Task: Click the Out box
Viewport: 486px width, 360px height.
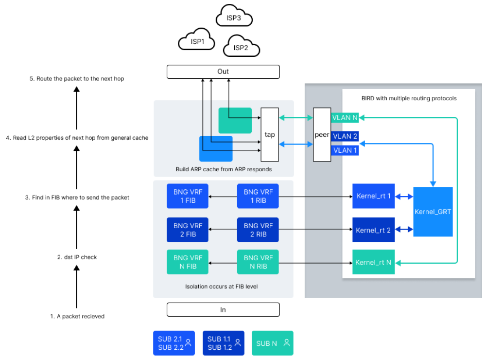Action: pyautogui.click(x=223, y=72)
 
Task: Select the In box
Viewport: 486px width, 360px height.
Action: pyautogui.click(x=223, y=309)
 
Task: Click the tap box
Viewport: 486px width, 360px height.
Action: pyautogui.click(x=270, y=135)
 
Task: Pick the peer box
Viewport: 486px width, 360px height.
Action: pyautogui.click(x=322, y=135)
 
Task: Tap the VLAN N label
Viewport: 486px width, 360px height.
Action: pyautogui.click(x=345, y=117)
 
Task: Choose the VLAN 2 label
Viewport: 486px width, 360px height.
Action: pyautogui.click(x=345, y=136)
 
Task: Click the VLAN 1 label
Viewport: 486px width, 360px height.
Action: pyautogui.click(x=345, y=150)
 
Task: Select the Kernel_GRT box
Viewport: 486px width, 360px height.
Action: pyautogui.click(x=433, y=212)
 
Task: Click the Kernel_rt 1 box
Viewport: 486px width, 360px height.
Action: pyautogui.click(x=373, y=197)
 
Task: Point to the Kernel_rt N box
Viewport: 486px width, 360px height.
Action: pyautogui.click(x=373, y=263)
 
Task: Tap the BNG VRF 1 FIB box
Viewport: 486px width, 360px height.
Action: pyautogui.click(x=188, y=197)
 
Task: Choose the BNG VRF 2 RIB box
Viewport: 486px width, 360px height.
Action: pyautogui.click(x=258, y=230)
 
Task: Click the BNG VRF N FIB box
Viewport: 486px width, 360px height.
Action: pyautogui.click(x=188, y=263)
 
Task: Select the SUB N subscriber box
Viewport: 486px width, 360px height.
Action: pyautogui.click(x=272, y=343)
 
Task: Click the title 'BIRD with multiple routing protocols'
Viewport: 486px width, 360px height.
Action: pyautogui.click(x=409, y=98)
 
